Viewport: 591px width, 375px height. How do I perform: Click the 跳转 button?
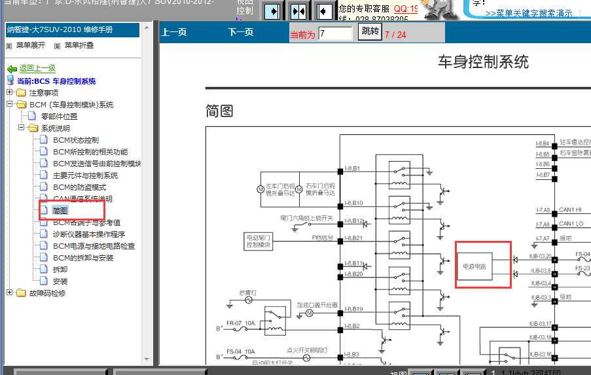(369, 32)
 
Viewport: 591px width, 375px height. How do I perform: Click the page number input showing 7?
(335, 33)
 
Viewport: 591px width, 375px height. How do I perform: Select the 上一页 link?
(174, 32)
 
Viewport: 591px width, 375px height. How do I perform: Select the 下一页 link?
(241, 32)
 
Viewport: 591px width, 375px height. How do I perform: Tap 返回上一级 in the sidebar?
(37, 68)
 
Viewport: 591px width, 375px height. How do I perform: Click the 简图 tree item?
(60, 211)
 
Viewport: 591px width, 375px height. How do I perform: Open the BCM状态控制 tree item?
(76, 140)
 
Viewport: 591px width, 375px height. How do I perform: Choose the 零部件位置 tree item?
(63, 116)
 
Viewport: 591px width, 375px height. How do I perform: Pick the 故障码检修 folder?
(47, 293)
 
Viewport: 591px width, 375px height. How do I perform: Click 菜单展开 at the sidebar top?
(30, 45)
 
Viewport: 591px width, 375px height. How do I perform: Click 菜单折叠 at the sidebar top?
(78, 45)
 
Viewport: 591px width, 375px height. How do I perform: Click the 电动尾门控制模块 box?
(258, 241)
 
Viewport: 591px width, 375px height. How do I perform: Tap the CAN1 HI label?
(571, 210)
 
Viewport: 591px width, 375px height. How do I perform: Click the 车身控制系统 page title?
(483, 62)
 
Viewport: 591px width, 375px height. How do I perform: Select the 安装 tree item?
(60, 281)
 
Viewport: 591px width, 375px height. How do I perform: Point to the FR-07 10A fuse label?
(240, 323)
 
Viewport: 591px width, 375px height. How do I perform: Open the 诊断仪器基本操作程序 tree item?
(89, 234)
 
